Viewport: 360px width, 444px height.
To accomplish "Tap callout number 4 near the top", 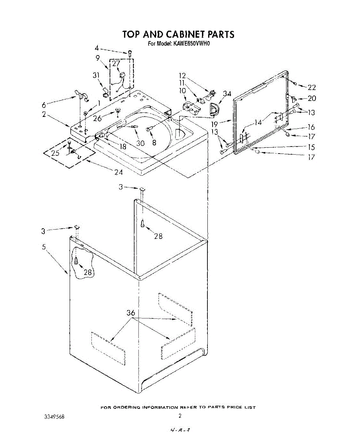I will pos(97,48).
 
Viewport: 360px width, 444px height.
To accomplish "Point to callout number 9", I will pos(98,58).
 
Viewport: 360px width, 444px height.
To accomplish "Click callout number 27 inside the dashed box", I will pos(116,63).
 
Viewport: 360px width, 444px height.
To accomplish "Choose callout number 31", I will pos(96,75).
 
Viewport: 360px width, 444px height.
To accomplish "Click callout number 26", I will pos(97,118).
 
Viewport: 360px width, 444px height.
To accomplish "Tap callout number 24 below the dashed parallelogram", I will pos(119,172).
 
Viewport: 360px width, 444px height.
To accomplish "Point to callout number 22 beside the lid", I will pos(311,87).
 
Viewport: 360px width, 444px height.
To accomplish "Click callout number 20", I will pos(312,98).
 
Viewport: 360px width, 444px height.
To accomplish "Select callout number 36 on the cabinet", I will pos(131,313).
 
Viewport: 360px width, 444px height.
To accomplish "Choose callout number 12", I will pos(182,76).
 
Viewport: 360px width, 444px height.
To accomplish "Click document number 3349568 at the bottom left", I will pos(54,416).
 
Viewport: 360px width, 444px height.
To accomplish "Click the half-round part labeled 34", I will pos(214,109).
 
